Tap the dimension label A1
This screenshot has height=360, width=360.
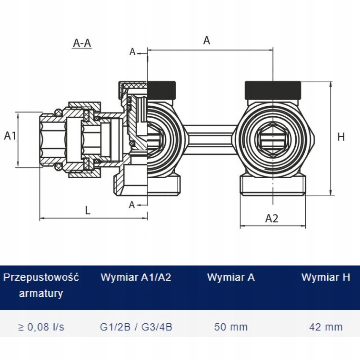tap(10, 136)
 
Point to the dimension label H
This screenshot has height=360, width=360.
tap(341, 137)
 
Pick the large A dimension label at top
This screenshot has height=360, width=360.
tap(207, 40)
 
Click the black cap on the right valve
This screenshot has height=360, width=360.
tap(273, 90)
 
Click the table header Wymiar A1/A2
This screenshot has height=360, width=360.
tap(136, 277)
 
